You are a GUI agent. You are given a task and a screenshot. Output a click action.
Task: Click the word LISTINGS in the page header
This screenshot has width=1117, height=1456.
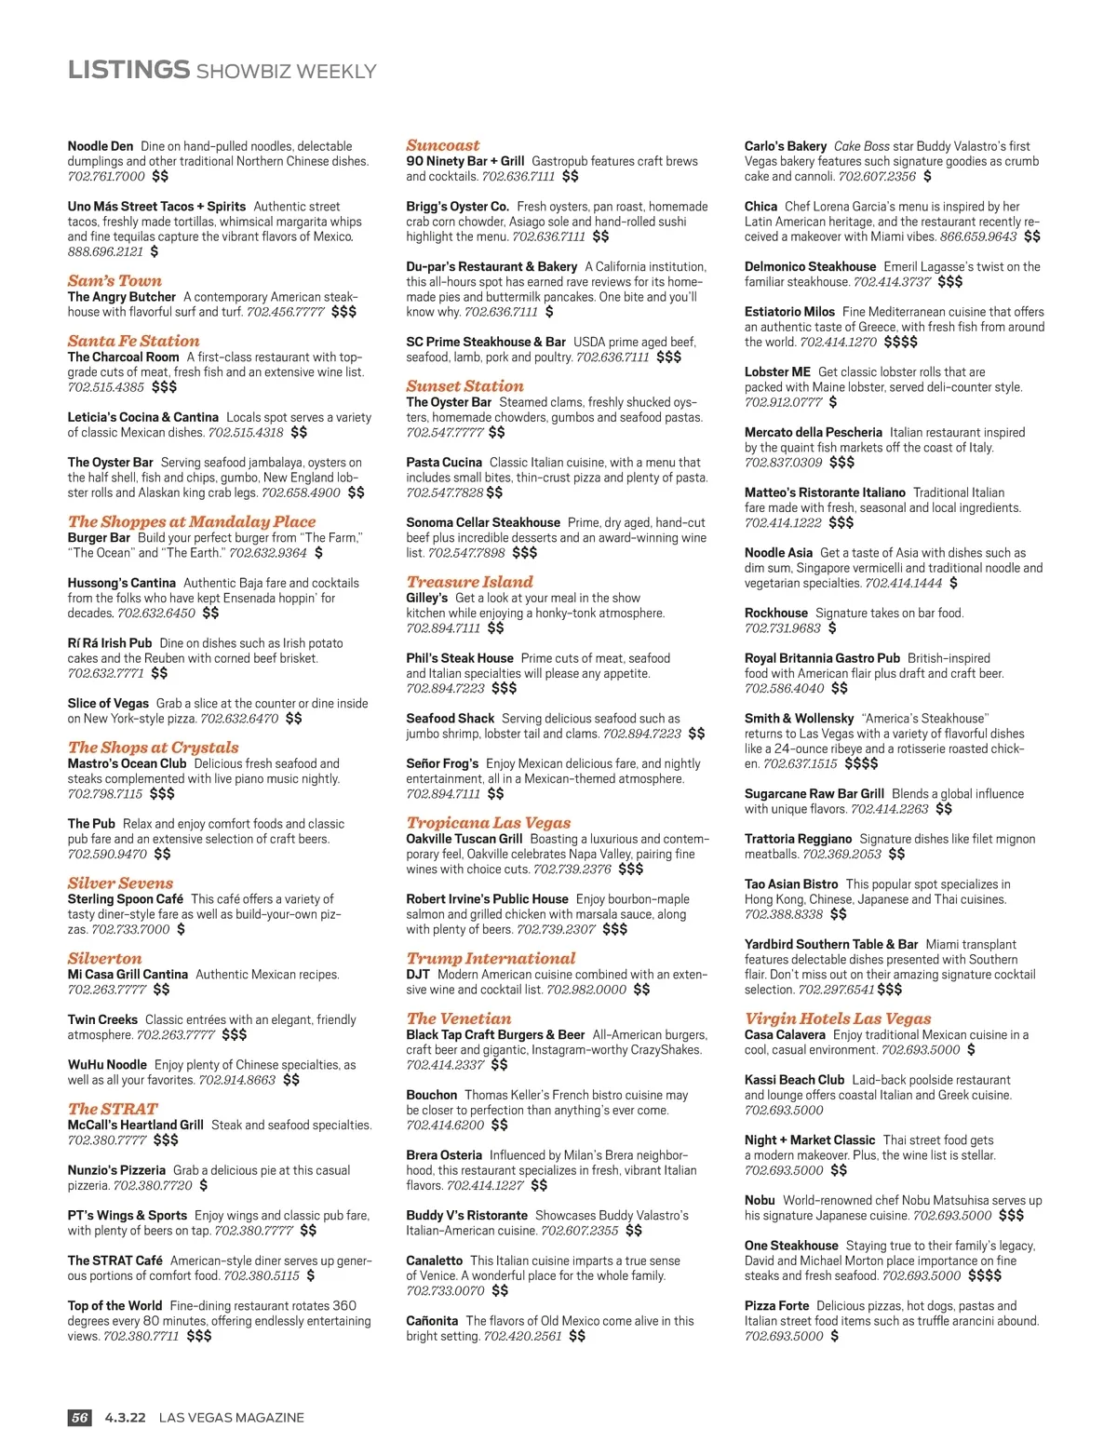click(x=128, y=70)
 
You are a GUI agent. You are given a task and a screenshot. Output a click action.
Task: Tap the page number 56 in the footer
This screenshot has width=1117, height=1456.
click(x=80, y=1418)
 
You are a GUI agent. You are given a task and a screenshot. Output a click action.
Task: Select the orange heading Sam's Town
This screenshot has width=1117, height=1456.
click(x=114, y=280)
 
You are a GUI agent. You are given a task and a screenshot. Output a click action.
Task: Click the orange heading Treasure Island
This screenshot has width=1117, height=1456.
click(x=469, y=582)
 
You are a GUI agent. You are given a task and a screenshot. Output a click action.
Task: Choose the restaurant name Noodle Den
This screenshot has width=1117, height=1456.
click(x=101, y=146)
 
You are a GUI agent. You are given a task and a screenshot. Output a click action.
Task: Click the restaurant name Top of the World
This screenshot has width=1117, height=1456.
click(x=114, y=1306)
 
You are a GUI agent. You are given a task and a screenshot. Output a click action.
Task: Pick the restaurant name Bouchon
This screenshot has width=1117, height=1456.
click(x=431, y=1095)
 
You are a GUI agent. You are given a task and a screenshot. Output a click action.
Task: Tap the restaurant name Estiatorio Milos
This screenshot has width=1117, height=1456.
click(x=789, y=312)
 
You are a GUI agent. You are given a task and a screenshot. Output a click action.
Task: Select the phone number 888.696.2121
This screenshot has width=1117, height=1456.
click(x=105, y=251)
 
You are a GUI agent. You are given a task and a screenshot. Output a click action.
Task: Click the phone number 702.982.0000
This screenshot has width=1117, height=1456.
click(x=586, y=990)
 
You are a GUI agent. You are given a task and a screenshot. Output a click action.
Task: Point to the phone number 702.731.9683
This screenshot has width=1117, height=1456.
click(x=783, y=628)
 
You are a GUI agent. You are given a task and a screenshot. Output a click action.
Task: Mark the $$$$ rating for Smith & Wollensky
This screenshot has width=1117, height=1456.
click(x=861, y=763)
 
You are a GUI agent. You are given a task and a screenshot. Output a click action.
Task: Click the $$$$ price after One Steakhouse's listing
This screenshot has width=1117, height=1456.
click(x=985, y=1275)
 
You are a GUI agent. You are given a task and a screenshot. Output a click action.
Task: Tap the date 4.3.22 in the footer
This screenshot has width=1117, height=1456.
click(x=126, y=1418)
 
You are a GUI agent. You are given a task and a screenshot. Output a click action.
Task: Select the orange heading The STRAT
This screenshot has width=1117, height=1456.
click(x=113, y=1109)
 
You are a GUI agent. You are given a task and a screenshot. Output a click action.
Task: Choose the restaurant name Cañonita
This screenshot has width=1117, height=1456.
click(x=432, y=1321)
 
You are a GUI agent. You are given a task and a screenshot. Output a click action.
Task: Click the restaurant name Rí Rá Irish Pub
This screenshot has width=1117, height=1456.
click(x=110, y=643)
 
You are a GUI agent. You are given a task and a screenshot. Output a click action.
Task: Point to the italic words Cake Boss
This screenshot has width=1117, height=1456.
click(x=861, y=146)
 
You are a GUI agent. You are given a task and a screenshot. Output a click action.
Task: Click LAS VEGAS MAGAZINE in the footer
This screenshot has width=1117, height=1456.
click(x=232, y=1418)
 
